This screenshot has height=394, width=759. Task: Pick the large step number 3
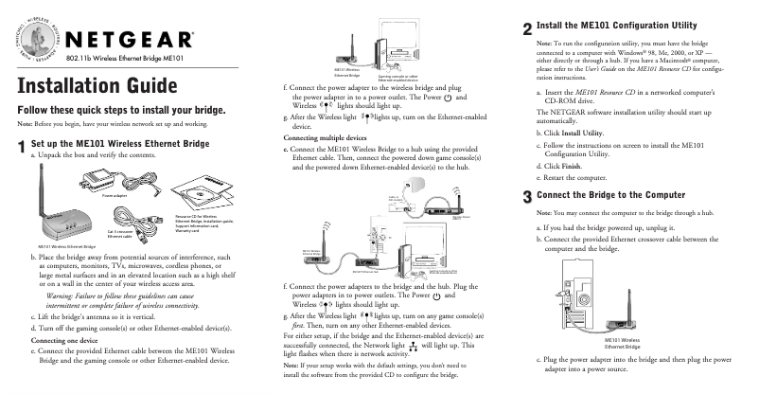click(x=526, y=197)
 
